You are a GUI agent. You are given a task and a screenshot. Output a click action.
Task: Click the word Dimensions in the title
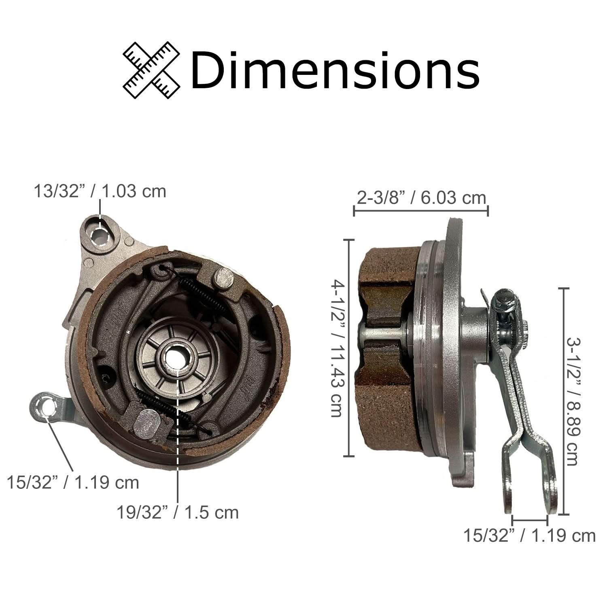tap(335, 70)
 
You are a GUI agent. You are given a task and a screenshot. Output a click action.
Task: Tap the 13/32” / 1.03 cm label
tap(100, 191)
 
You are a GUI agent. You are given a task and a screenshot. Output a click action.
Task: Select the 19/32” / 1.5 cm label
tap(178, 512)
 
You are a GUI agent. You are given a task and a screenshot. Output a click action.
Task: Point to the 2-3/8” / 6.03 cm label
tap(421, 198)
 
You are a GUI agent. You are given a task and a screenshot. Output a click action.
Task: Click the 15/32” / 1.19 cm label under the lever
tap(529, 535)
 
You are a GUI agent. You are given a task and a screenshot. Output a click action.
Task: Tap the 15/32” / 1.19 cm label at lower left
tap(73, 482)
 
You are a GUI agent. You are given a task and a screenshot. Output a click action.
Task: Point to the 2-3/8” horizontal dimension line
tap(421, 210)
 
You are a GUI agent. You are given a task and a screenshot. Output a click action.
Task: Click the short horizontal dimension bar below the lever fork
tap(529, 519)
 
